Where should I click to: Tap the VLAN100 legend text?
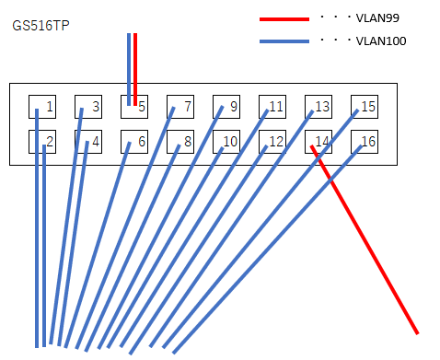380,41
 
